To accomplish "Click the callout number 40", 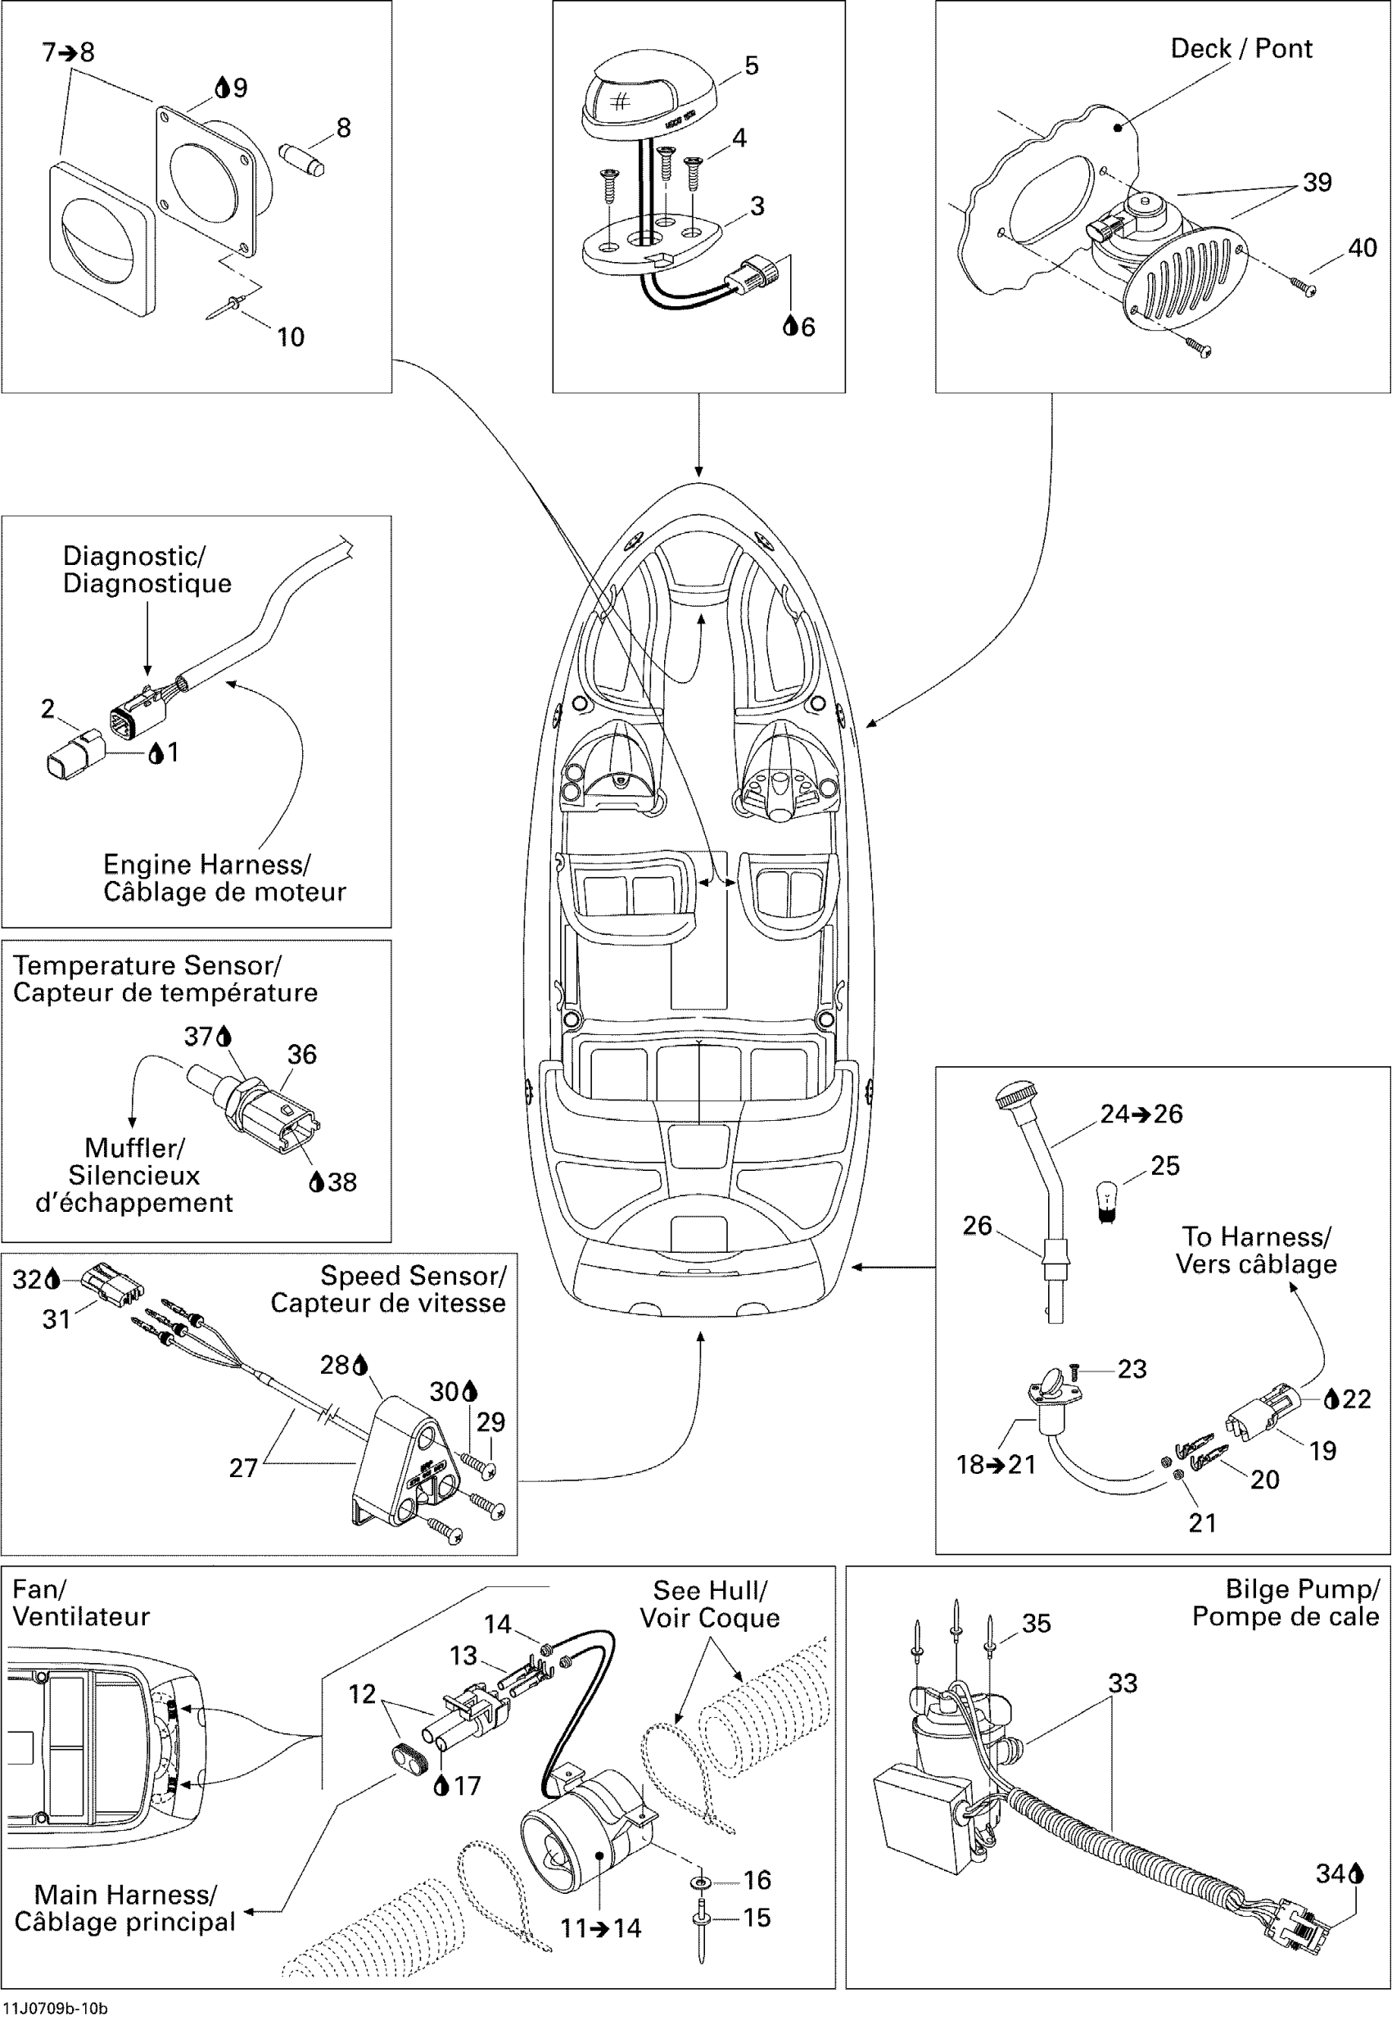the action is [x=1363, y=248].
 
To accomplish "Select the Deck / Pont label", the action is [x=1241, y=48].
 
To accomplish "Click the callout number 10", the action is [x=291, y=337].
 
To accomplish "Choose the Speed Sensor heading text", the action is [x=414, y=1275].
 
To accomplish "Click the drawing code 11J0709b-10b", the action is [x=55, y=2008].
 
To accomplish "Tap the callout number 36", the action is [x=302, y=1055].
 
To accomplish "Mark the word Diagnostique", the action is [x=147, y=583].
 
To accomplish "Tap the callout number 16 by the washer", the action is [x=757, y=1880].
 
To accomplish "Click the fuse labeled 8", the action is [x=303, y=159].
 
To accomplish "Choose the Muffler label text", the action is [x=134, y=1148].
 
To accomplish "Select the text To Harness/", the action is [x=1257, y=1236].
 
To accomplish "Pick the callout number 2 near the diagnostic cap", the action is [x=48, y=708].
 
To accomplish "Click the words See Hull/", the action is [x=710, y=1590].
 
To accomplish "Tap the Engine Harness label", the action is [x=206, y=865].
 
